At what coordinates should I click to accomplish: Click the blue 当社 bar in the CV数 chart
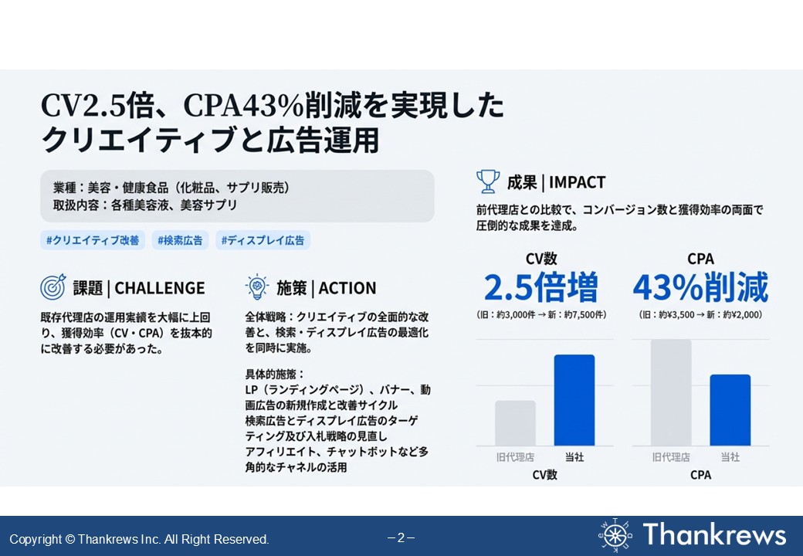pyautogui.click(x=574, y=400)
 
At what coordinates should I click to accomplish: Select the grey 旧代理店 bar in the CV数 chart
pyautogui.click(x=515, y=422)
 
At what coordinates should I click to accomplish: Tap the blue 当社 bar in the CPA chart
pyautogui.click(x=730, y=409)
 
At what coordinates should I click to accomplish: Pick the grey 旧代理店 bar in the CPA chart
pyautogui.click(x=671, y=392)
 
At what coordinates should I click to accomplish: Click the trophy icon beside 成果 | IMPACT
pyautogui.click(x=488, y=182)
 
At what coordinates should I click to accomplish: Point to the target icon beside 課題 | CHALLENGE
pyautogui.click(x=53, y=288)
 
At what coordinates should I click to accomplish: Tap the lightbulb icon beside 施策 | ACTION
pyautogui.click(x=256, y=288)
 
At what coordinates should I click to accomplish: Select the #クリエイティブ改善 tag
pyautogui.click(x=93, y=240)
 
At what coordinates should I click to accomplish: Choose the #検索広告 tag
pyautogui.click(x=180, y=240)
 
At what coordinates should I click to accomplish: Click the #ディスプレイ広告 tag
pyautogui.click(x=263, y=240)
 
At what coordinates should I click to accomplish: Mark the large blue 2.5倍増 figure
pyautogui.click(x=540, y=288)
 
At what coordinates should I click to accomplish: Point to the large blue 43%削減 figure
pyautogui.click(x=700, y=288)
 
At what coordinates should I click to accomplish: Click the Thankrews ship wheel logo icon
pyautogui.click(x=615, y=535)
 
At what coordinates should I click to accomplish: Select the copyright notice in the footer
pyautogui.click(x=139, y=539)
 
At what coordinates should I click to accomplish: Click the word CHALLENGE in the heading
pyautogui.click(x=160, y=289)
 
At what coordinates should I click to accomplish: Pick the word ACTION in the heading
pyautogui.click(x=347, y=289)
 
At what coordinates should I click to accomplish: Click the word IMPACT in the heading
pyautogui.click(x=578, y=183)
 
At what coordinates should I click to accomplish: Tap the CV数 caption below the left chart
pyautogui.click(x=544, y=475)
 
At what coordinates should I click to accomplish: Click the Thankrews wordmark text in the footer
pyautogui.click(x=714, y=534)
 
